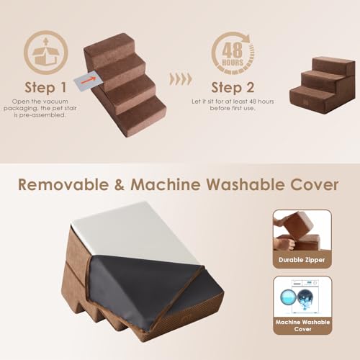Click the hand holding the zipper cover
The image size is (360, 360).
coord(284,242)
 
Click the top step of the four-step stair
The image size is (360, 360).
coord(109,47)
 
